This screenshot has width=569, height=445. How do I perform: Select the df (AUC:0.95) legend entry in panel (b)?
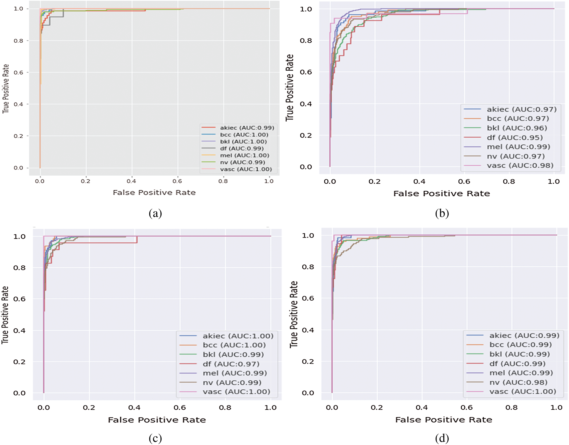(515, 137)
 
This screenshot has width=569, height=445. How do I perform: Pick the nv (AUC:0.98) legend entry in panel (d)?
(518, 382)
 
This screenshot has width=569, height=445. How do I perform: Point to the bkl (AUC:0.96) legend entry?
(517, 128)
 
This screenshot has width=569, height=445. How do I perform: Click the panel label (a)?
(155, 213)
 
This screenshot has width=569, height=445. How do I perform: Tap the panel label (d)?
(442, 438)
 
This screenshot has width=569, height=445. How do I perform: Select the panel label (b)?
(442, 213)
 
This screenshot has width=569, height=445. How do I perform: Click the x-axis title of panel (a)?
(154, 193)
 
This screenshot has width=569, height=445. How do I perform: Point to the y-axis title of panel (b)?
(289, 87)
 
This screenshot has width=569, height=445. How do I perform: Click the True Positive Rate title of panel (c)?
(5, 315)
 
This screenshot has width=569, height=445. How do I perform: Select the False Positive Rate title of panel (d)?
(443, 420)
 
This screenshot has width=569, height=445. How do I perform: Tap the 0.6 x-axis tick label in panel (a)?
(177, 181)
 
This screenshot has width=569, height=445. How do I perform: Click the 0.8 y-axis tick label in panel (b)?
(306, 41)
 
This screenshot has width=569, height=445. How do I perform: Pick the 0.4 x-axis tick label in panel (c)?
(134, 408)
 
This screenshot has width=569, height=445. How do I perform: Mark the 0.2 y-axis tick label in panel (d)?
(308, 361)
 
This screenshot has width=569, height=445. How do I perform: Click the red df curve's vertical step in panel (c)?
(137, 240)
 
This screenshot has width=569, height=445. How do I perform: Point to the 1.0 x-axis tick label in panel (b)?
(553, 181)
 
